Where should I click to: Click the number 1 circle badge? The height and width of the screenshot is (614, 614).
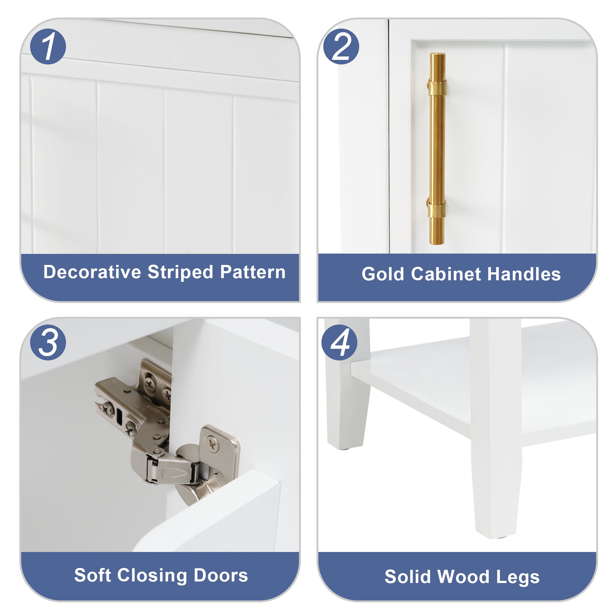(48, 46)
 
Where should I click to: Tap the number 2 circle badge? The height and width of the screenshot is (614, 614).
(341, 46)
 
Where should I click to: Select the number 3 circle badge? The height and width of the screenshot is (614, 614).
(48, 342)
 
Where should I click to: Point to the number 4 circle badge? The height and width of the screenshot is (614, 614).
(339, 342)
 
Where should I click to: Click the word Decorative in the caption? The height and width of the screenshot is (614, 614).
(92, 272)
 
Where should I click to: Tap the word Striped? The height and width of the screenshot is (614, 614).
(180, 273)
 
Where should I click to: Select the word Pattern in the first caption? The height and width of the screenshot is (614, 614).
(253, 272)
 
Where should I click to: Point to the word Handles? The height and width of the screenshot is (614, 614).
(524, 274)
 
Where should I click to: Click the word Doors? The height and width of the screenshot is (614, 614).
(220, 575)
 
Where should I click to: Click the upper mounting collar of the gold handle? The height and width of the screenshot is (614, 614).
(437, 87)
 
